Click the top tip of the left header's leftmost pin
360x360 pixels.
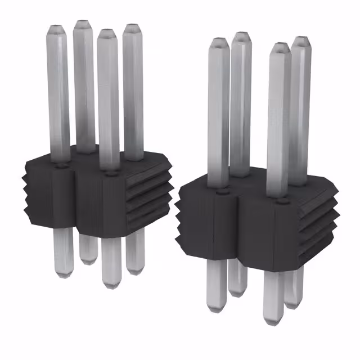[x=57, y=28]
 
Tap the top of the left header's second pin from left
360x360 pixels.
[x=83, y=24]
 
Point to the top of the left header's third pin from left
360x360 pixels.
[x=107, y=32]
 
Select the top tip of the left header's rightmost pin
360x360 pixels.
[x=132, y=28]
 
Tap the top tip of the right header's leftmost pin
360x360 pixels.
[x=218, y=42]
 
